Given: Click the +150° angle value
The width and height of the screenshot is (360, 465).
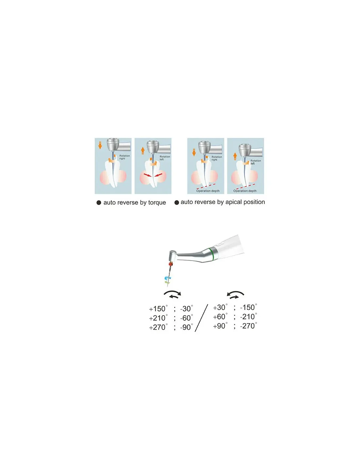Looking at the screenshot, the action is point(158,308).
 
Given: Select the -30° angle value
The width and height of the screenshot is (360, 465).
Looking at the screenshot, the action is point(187,308).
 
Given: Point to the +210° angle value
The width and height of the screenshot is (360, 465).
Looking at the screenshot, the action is point(158,318).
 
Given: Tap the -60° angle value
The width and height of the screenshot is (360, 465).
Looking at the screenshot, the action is point(187,318).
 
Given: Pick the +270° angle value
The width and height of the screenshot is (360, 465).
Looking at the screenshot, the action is point(158,327).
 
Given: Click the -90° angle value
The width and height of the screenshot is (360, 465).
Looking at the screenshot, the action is point(187,327).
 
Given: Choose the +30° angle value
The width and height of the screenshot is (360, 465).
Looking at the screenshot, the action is point(220,307).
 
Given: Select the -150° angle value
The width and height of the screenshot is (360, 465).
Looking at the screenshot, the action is point(248,307).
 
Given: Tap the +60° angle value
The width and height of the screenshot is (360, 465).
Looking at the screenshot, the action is point(220,317).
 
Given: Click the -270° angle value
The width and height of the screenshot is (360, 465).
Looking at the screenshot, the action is point(248,326).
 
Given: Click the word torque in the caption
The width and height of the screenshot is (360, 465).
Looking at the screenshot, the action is point(157,203).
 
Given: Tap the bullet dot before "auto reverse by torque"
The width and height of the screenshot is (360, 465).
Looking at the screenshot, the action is point(99,203).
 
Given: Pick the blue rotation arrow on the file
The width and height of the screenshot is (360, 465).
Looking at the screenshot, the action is point(167,278).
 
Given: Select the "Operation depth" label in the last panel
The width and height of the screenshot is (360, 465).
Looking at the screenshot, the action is point(245,191).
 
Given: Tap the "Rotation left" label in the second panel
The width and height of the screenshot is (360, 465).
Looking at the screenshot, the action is point(165,158).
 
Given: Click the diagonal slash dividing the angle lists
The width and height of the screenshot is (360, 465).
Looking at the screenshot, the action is point(201,318).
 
